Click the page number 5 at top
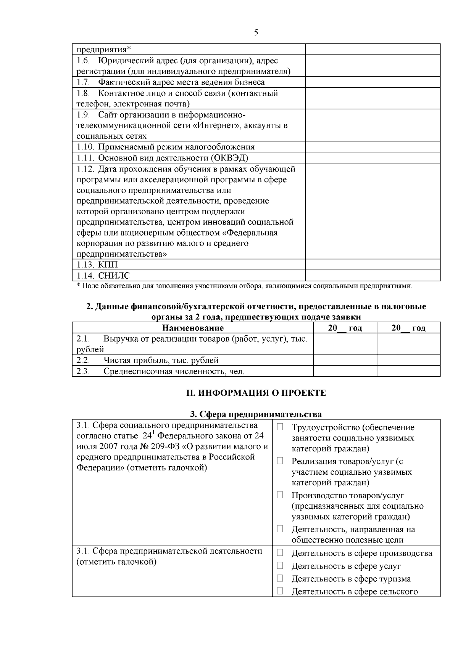256,32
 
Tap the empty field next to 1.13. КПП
373,265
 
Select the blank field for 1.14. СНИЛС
373,275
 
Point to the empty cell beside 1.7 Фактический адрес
373,82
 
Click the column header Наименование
193,328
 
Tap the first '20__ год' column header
345,328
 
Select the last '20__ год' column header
408,328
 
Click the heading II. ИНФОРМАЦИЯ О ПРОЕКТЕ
256,393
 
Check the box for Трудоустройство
280,427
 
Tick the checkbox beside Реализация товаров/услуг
280,461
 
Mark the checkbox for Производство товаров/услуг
280,495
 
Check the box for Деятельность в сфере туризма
280,578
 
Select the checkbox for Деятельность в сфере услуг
280,565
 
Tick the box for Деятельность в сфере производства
280,552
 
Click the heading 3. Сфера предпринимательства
256,414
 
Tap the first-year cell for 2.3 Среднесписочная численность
345,371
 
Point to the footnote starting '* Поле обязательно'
244,286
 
